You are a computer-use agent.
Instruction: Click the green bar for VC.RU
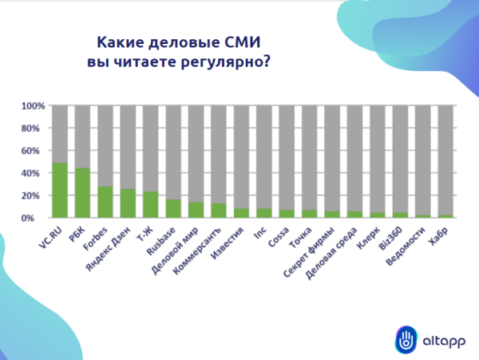coord(59,190)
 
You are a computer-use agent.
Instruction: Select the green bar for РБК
coord(82,193)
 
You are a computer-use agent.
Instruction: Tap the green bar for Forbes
coord(105,202)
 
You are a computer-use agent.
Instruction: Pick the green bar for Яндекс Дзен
coord(128,204)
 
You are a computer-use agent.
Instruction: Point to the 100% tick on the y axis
coord(33,106)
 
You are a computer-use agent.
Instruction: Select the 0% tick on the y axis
coord(37,218)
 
